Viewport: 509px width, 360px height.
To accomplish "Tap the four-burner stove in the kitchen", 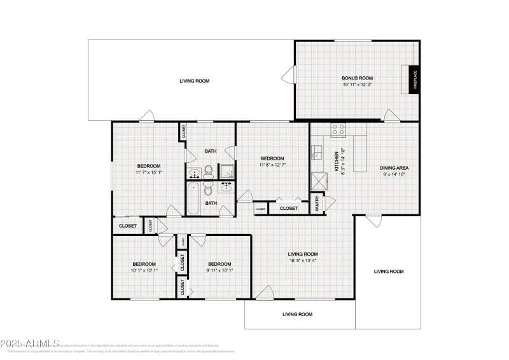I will click(338, 129).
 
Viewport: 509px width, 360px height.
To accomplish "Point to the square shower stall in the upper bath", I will click(227, 170).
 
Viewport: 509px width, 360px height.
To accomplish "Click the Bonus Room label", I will click(357, 78).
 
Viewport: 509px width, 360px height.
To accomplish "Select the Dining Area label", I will click(394, 168).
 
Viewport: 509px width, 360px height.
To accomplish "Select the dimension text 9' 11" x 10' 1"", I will click(219, 270).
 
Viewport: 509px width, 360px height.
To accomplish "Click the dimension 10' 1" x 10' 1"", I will click(144, 270).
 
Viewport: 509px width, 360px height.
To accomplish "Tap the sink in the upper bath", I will click(194, 172).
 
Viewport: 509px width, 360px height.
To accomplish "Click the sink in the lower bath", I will click(225, 187).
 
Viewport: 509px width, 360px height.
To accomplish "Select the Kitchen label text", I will click(337, 156).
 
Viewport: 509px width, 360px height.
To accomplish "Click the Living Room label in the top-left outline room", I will click(194, 81).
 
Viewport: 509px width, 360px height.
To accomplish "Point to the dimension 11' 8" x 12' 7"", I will click(272, 164).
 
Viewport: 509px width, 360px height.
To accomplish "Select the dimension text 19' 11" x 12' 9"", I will click(357, 85).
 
